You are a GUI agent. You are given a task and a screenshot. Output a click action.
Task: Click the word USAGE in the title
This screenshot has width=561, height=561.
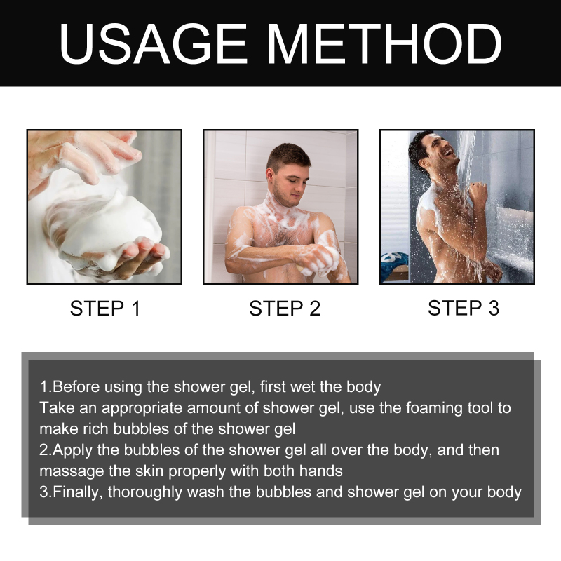click(153, 43)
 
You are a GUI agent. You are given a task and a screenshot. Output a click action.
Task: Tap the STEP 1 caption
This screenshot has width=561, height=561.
click(105, 308)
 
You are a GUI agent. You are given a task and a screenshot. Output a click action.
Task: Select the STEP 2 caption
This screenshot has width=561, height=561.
click(285, 308)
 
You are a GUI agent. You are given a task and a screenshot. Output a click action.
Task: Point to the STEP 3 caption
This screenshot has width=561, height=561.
click(464, 308)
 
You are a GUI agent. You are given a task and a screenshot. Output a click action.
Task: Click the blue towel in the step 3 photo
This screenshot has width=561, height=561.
click(393, 263)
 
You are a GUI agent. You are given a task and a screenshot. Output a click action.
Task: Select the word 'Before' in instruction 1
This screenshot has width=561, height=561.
click(76, 387)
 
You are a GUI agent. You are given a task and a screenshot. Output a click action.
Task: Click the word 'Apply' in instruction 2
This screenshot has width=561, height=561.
click(73, 450)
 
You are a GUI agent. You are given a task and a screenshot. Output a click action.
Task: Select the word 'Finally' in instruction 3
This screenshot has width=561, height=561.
click(77, 492)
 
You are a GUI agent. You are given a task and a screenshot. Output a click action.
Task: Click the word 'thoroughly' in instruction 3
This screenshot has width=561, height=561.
click(145, 492)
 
